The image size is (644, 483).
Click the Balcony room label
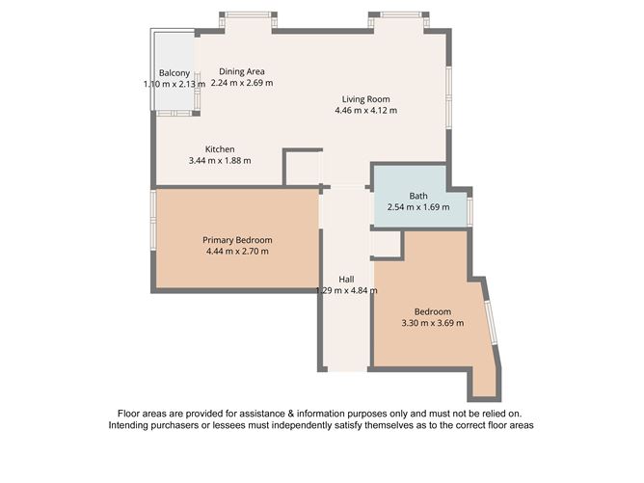pos(174,73)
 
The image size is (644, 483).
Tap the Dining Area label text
pos(241,71)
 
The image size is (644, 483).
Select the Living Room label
pos(365,98)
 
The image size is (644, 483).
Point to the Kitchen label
pos(220,149)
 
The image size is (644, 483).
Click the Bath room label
pos(417,195)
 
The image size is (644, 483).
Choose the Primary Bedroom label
pos(237,240)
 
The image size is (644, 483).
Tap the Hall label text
pos(346,279)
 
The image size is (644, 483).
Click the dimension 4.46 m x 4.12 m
pos(365,110)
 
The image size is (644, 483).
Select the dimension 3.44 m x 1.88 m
pos(220,161)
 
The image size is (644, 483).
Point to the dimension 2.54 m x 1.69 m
pos(417,206)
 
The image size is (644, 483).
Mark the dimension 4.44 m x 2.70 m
pos(237,252)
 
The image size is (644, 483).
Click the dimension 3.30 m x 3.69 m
pos(433,323)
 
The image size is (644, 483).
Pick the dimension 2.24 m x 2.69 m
pos(241,83)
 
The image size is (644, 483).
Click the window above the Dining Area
pos(248,16)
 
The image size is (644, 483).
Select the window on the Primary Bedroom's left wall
pos(153,221)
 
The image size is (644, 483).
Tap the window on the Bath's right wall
pos(470,210)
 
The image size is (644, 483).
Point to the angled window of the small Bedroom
pos(492,322)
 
